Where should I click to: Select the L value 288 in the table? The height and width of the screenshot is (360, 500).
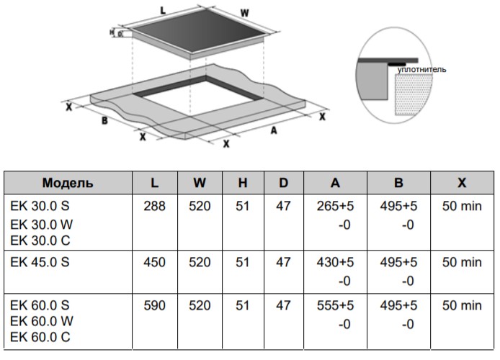[x=155, y=206]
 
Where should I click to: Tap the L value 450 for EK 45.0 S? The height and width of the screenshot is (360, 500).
[x=155, y=263]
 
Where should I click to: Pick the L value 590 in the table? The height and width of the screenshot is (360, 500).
[x=155, y=305]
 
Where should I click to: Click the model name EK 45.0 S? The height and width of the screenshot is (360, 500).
[x=40, y=263]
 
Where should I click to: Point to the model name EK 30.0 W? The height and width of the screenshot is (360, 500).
[x=42, y=223]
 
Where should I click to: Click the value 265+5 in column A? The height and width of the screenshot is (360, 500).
[x=335, y=206]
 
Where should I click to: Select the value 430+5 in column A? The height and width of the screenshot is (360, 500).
[x=335, y=263]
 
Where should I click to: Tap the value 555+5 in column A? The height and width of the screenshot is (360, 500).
[x=335, y=305]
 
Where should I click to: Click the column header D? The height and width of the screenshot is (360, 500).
[x=284, y=183]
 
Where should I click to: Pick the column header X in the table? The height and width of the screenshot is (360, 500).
[x=460, y=183]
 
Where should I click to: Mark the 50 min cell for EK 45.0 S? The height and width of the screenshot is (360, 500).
[x=460, y=263]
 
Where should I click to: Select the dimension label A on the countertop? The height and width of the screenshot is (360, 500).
[x=274, y=130]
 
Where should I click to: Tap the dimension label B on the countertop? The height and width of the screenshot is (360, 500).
[x=104, y=121]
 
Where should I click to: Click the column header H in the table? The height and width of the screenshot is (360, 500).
[x=243, y=183]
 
